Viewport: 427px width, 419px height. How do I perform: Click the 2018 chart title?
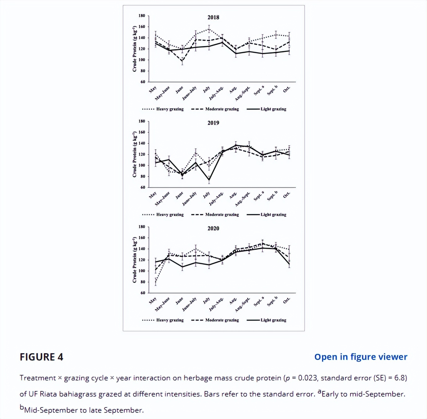coord(213,17)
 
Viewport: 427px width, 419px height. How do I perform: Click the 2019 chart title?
coord(213,123)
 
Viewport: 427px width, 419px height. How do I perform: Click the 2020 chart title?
coord(213,228)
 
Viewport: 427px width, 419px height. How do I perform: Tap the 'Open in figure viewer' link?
coord(361,357)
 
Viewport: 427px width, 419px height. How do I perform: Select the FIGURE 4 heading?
coord(42,357)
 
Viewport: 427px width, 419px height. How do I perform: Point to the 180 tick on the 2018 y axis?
coord(142,16)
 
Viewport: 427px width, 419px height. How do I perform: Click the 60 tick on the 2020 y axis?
coord(143,293)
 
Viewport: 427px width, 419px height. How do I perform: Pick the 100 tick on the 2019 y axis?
coord(142,165)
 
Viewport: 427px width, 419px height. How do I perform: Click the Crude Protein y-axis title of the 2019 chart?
coord(134,155)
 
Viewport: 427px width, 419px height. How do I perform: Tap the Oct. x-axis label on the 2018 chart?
coord(287,89)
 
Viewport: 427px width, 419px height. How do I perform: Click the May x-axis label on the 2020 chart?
coord(153,300)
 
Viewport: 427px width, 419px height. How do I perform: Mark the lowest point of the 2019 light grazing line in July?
coord(209,180)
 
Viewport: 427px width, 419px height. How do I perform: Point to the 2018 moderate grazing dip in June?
coord(182,61)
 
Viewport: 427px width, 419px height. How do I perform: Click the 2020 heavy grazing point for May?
coord(156,281)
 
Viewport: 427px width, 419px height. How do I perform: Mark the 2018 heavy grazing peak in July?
coord(209,29)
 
